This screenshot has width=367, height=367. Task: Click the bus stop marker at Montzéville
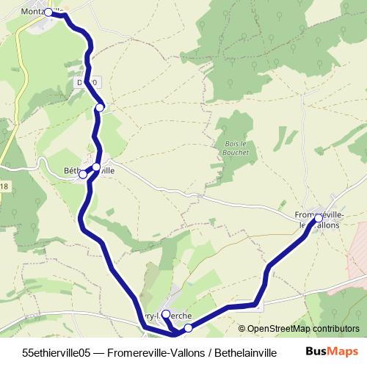[48, 12]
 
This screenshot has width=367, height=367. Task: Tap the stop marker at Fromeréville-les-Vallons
[319, 219]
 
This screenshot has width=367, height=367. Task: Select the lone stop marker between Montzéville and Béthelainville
[100, 108]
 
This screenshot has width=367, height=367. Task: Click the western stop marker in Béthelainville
[83, 175]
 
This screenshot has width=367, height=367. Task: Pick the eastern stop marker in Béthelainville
[96, 167]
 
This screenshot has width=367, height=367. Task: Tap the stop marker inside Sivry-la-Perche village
[165, 314]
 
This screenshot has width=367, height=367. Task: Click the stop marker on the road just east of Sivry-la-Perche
[189, 327]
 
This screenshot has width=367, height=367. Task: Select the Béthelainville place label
[90, 171]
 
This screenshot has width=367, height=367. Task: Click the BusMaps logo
[332, 352]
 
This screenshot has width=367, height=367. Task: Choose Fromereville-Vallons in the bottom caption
[153, 352]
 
